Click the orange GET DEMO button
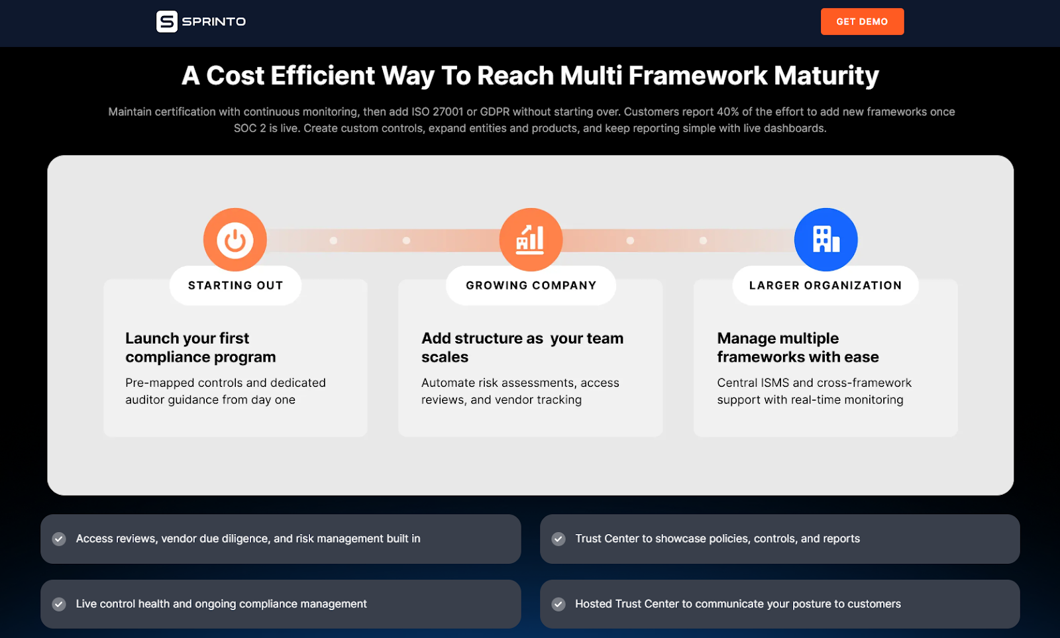pyautogui.click(x=862, y=22)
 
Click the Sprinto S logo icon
pyautogui.click(x=167, y=22)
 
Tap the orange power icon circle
pyautogui.click(x=235, y=239)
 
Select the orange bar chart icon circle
pyautogui.click(x=531, y=239)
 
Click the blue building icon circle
pyautogui.click(x=825, y=239)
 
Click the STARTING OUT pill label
pyautogui.click(x=235, y=286)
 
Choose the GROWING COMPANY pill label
pyautogui.click(x=531, y=286)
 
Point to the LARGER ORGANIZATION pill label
pyautogui.click(x=825, y=286)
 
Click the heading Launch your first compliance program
pyautogui.click(x=200, y=348)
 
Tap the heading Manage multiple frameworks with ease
pyautogui.click(x=798, y=348)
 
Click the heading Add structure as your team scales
pyautogui.click(x=522, y=348)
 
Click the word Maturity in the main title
pyautogui.click(x=826, y=76)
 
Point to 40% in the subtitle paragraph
pyautogui.click(x=727, y=112)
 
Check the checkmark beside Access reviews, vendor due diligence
pyautogui.click(x=59, y=539)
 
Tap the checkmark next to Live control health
pyautogui.click(x=59, y=604)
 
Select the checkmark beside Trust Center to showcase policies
pyautogui.click(x=558, y=539)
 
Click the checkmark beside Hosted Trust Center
pyautogui.click(x=558, y=604)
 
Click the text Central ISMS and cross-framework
pyautogui.click(x=814, y=383)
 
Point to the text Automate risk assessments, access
pyautogui.click(x=520, y=383)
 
